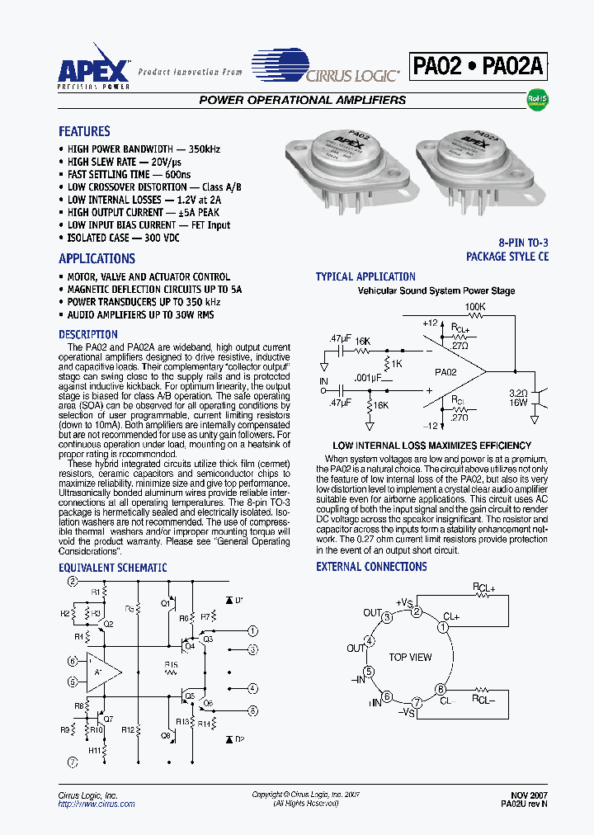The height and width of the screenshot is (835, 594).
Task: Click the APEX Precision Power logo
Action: (93, 71)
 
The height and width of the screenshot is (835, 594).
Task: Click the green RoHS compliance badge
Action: (538, 100)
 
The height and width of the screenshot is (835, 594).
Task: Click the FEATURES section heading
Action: (84, 131)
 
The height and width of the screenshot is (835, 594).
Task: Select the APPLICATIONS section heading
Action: (97, 258)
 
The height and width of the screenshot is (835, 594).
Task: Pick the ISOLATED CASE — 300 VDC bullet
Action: (123, 238)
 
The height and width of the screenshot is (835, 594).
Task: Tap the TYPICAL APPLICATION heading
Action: (365, 276)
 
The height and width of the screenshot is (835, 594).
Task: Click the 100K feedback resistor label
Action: (475, 307)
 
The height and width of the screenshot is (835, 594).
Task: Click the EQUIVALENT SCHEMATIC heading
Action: (112, 568)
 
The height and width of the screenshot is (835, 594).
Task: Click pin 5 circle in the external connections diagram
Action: (369, 671)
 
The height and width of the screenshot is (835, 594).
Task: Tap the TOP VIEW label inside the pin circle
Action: (410, 658)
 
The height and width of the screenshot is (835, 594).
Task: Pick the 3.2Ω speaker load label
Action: (518, 394)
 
